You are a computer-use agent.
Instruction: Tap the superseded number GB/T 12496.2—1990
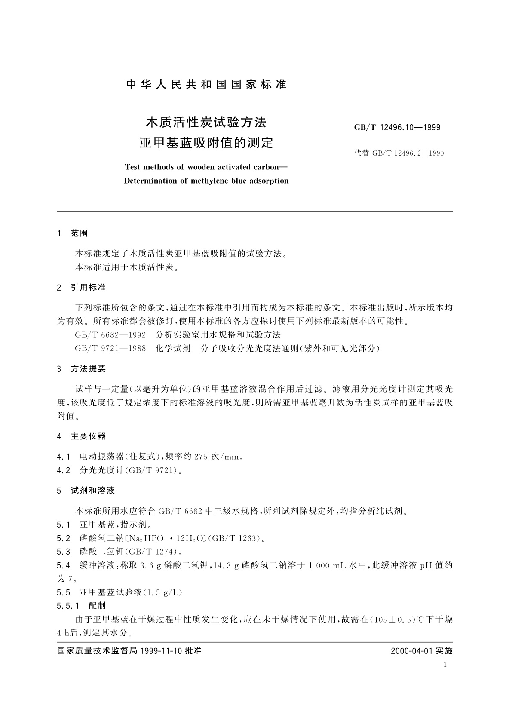(399, 153)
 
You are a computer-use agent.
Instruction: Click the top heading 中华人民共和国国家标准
(206, 84)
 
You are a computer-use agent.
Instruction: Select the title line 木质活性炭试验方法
(206, 123)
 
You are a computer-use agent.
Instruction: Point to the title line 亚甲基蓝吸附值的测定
(206, 142)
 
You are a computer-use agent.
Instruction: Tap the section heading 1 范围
(72, 233)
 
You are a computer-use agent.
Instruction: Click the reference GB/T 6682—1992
(110, 334)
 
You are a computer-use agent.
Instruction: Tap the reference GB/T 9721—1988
(110, 348)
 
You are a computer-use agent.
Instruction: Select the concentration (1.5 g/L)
(165, 592)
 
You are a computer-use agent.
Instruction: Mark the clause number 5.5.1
(68, 606)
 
